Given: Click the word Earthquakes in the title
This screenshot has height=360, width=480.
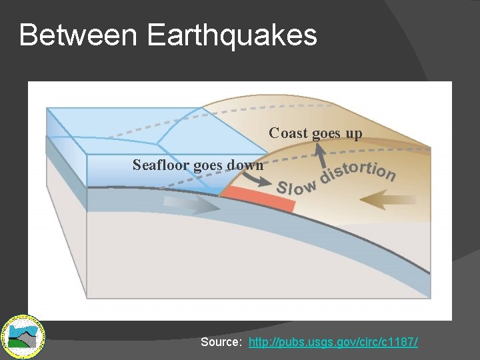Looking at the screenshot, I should click(x=231, y=35).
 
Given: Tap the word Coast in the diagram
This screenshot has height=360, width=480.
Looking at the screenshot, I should click(x=288, y=133).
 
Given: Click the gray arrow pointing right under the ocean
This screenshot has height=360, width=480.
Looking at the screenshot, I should click(x=193, y=205).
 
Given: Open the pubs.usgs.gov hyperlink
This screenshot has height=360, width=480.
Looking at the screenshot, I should click(x=333, y=342).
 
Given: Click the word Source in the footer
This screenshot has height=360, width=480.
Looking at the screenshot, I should click(x=221, y=342).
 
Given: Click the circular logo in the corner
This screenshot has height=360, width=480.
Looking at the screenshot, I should click(x=22, y=334).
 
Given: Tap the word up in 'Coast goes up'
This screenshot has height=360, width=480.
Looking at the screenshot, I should click(x=353, y=133).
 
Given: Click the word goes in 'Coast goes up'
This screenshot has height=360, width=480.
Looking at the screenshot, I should click(x=326, y=133).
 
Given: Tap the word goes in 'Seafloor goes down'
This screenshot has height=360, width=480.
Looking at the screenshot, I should click(x=209, y=164).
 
